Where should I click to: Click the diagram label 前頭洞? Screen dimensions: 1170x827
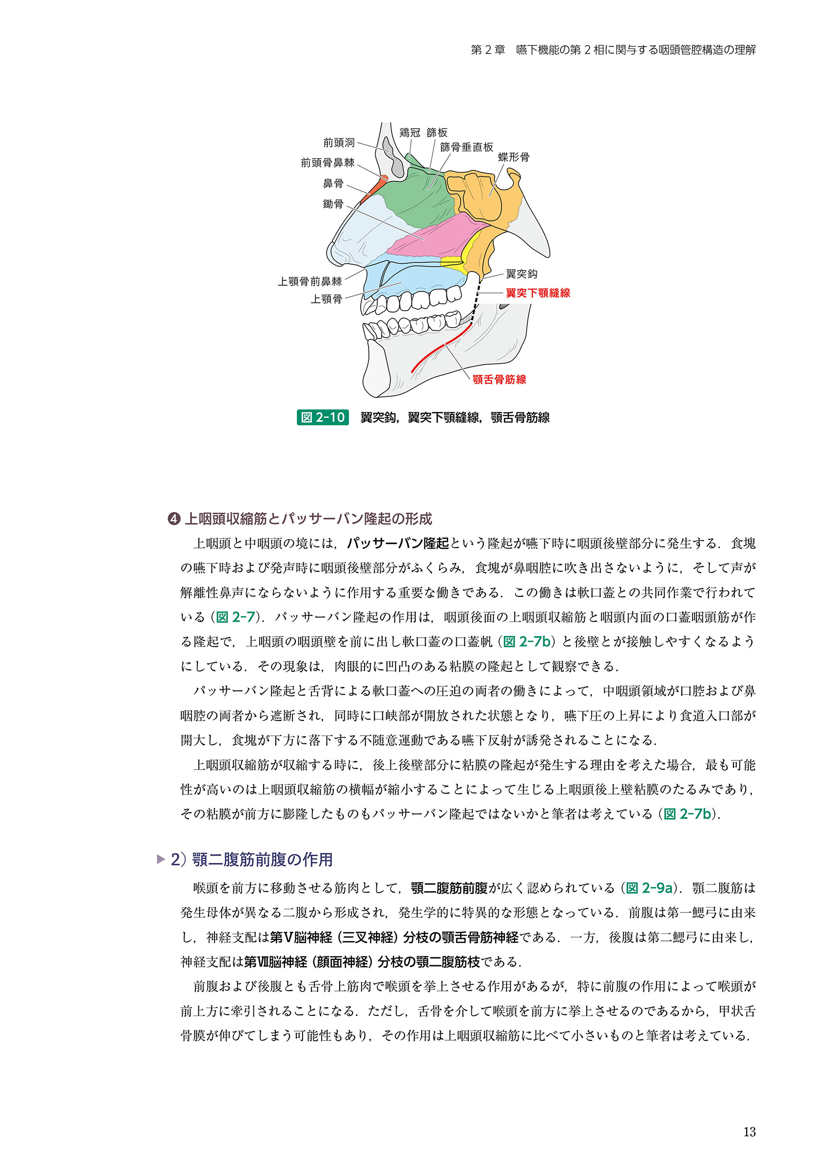pos(339,143)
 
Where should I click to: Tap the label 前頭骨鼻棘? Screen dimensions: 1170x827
pos(327,162)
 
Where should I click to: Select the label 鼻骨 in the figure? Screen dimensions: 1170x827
pos(333,183)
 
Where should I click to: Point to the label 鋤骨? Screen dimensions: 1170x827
pos(333,204)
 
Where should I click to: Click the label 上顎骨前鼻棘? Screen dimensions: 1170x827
pos(310,281)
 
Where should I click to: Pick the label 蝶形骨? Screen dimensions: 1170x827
pos(514,157)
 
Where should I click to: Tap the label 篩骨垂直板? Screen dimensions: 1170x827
pos(466,147)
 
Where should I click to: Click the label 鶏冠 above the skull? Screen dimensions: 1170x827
pos(410,133)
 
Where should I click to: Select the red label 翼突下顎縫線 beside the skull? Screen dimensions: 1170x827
pos(538,293)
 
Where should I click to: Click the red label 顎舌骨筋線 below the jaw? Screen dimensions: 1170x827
pos(499,379)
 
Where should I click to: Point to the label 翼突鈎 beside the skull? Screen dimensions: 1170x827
pos(521,274)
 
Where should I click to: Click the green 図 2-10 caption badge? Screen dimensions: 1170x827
pos(323,417)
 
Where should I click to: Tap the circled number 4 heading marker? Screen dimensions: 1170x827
pos(174,519)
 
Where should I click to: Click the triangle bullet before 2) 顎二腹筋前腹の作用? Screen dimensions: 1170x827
pos(161,859)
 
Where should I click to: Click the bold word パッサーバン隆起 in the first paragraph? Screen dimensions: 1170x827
pos(398,543)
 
